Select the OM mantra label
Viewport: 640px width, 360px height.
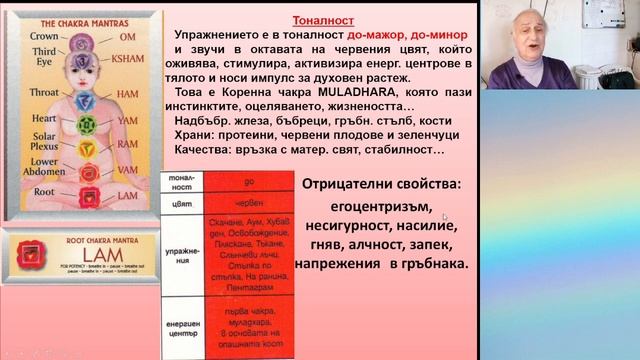point(127,37)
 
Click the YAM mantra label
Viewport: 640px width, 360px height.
point(127,119)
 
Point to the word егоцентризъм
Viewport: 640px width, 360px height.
point(380,207)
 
